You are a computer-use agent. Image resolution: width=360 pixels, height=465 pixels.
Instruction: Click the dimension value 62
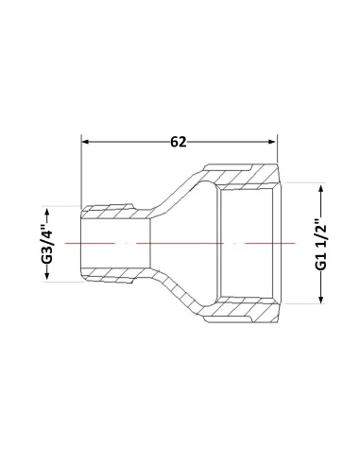pyautogui.click(x=179, y=142)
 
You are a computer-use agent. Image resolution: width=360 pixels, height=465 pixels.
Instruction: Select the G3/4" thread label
pyautogui.click(x=47, y=244)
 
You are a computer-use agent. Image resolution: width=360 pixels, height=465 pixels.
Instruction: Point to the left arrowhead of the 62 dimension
pyautogui.click(x=85, y=142)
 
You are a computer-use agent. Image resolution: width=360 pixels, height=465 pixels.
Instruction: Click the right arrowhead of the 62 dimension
pyautogui.click(x=272, y=142)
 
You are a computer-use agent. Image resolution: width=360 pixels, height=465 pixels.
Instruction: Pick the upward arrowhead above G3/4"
pyautogui.click(x=47, y=211)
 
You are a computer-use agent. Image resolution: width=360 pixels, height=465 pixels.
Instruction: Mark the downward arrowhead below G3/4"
pyautogui.click(x=47, y=276)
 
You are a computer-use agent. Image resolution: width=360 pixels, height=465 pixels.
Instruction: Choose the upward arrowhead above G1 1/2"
pyautogui.click(x=321, y=189)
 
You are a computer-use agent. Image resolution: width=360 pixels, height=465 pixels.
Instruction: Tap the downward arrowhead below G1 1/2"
pyautogui.click(x=321, y=300)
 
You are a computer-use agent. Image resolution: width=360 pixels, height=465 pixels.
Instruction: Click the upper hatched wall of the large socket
pyautogui.click(x=243, y=177)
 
